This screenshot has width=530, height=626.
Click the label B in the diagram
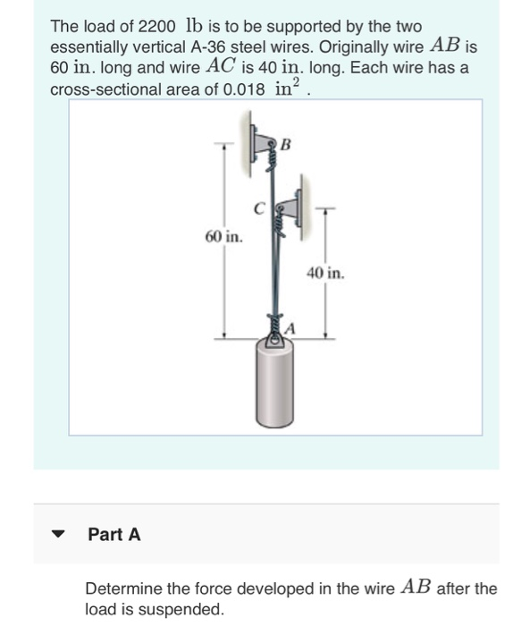coord(286,142)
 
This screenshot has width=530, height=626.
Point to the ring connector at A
coord(274,339)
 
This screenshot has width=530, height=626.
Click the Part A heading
coord(114,535)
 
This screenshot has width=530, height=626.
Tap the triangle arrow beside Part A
coord(60,535)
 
